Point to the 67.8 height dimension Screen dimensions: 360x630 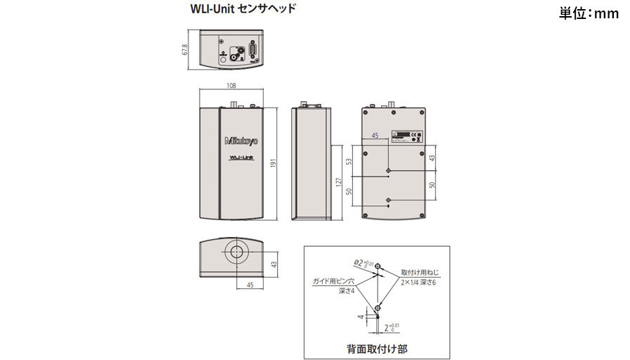[x=185, y=51]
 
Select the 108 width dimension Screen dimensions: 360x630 [x=231, y=86]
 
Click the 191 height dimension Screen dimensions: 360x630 [x=274, y=164]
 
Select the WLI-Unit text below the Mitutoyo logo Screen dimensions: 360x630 [x=242, y=158]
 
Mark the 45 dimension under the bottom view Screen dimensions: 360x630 [x=250, y=284]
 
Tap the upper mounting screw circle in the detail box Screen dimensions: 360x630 [x=379, y=266]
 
